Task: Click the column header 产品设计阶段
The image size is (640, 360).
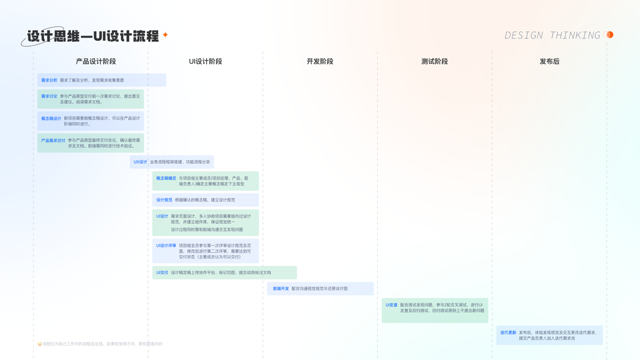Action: click(x=96, y=61)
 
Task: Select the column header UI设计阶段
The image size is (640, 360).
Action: click(x=205, y=61)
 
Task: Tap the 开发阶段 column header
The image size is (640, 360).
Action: click(x=320, y=61)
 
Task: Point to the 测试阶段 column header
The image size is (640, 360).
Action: click(x=434, y=61)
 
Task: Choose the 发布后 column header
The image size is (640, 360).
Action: click(x=549, y=61)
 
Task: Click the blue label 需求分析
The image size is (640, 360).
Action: click(x=49, y=80)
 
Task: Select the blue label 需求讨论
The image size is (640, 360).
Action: click(x=49, y=96)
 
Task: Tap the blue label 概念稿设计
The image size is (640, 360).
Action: click(x=51, y=118)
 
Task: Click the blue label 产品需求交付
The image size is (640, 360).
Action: click(x=53, y=140)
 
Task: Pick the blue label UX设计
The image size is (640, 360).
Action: click(x=140, y=162)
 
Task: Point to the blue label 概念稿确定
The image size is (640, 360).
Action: click(x=166, y=178)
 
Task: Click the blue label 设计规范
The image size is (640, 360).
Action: click(x=164, y=200)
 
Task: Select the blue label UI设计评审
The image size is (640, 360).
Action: click(x=166, y=245)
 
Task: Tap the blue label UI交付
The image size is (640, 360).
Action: click(x=162, y=272)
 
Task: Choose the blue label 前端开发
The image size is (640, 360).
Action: click(x=281, y=289)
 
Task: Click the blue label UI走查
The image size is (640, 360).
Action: click(x=391, y=305)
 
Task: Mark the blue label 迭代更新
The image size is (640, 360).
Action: click(x=508, y=332)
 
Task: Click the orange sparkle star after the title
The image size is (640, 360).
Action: click(x=166, y=35)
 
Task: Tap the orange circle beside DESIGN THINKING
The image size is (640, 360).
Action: click(x=609, y=35)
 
